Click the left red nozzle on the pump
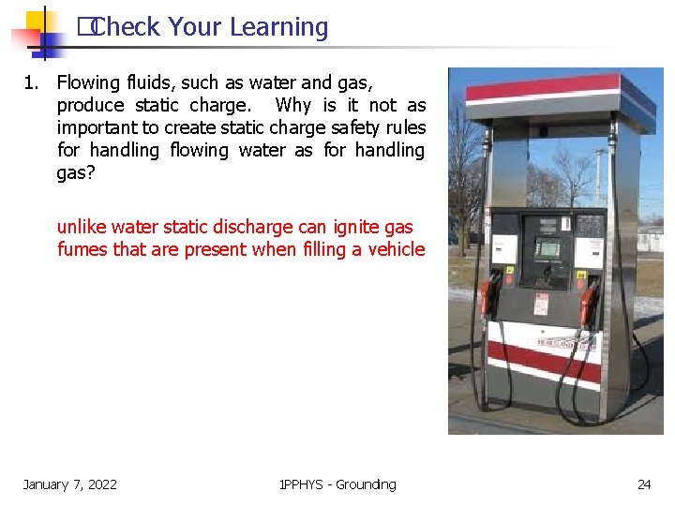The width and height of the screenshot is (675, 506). tap(487, 297)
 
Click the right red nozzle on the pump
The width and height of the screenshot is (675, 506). tap(589, 303)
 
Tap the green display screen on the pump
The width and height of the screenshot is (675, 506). tap(548, 249)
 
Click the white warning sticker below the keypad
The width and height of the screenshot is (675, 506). tap(541, 304)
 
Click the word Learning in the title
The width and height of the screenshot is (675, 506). tap(278, 27)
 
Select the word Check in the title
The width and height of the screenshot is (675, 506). tap(127, 27)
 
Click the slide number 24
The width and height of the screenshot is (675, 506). tap(644, 484)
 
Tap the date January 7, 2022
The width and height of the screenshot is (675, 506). tap(70, 484)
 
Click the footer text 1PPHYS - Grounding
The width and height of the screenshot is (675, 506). tap(337, 484)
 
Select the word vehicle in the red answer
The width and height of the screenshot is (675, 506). tap(394, 249)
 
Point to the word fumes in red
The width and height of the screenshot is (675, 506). tap(82, 249)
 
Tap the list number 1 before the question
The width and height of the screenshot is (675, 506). tap(30, 82)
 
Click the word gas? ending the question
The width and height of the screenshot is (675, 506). tap(76, 172)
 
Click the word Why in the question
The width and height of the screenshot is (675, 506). tap(293, 105)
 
